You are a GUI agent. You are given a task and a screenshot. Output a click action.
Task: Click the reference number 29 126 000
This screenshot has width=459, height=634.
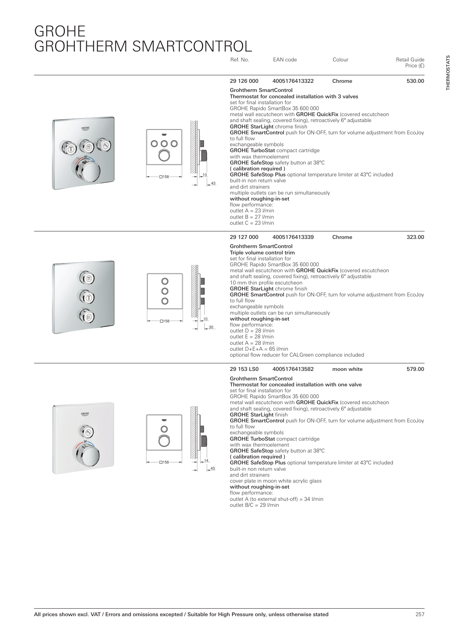(x=244, y=81)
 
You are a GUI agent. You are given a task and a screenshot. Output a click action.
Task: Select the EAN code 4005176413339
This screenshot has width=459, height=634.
(x=293, y=237)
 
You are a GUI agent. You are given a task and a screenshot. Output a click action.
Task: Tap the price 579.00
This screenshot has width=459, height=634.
(x=415, y=369)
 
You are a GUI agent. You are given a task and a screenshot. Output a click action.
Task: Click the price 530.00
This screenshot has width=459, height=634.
(x=415, y=81)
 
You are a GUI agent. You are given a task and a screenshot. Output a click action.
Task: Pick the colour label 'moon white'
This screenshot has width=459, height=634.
(x=347, y=369)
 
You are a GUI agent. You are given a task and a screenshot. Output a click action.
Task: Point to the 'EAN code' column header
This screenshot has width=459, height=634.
(x=284, y=60)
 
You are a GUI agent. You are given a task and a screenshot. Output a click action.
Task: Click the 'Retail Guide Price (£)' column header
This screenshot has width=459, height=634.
(x=410, y=63)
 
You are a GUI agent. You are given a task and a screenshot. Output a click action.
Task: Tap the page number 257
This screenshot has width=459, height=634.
(x=420, y=615)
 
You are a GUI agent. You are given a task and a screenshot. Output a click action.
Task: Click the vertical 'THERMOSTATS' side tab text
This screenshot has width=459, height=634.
(x=448, y=73)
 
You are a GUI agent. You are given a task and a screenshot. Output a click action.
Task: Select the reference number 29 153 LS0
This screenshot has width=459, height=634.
(x=244, y=369)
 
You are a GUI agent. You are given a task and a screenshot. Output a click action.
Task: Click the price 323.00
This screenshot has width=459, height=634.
(x=415, y=237)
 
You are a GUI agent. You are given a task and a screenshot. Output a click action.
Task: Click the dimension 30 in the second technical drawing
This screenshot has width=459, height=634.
(x=211, y=327)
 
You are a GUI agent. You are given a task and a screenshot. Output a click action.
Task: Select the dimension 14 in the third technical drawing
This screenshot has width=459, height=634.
(x=206, y=460)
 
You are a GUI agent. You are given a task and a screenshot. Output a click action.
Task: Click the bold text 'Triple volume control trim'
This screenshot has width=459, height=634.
(x=262, y=252)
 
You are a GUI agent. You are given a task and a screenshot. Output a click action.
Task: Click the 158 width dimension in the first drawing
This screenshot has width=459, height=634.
(x=164, y=177)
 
